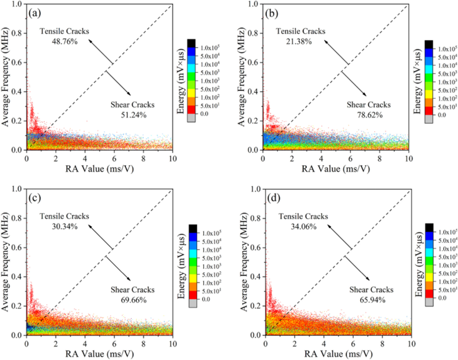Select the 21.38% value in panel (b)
[x=301, y=42]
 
